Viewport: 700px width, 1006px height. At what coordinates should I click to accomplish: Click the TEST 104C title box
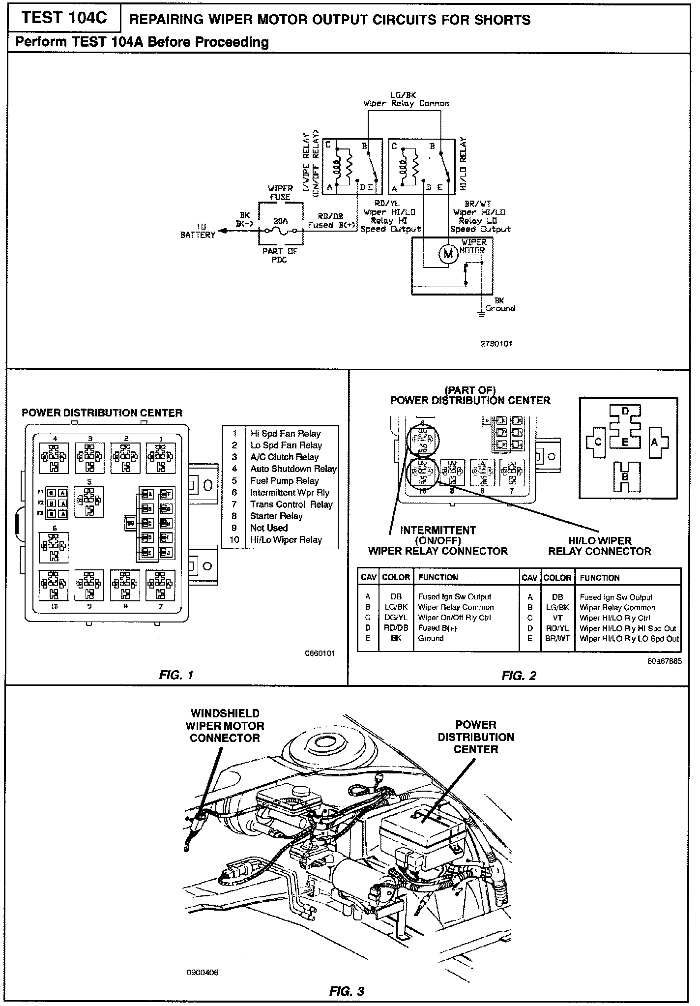point(64,18)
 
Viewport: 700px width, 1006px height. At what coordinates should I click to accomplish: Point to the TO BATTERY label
point(198,231)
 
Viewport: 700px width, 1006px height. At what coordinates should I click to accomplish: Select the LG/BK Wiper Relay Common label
point(406,99)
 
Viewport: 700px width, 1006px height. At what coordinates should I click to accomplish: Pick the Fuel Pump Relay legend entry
point(284,481)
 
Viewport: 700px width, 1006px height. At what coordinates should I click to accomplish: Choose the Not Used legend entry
point(268,528)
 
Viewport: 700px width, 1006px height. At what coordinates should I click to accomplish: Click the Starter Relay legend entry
point(276,516)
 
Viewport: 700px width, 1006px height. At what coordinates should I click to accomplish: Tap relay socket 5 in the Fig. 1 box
point(89,502)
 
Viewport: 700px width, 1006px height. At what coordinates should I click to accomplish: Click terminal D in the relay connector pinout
point(625,412)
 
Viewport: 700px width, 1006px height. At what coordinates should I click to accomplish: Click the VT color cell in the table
point(557,618)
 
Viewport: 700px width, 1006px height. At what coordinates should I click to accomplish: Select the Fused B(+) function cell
point(436,628)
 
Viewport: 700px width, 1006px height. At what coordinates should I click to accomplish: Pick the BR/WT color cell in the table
point(557,639)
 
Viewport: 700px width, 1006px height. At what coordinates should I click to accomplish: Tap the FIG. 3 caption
point(347,991)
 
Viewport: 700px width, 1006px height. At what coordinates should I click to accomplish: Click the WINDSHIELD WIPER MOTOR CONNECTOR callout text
point(225,726)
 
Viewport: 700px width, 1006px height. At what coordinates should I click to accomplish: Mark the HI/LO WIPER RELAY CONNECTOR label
point(599,546)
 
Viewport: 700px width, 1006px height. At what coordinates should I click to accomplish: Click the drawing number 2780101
point(496,344)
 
